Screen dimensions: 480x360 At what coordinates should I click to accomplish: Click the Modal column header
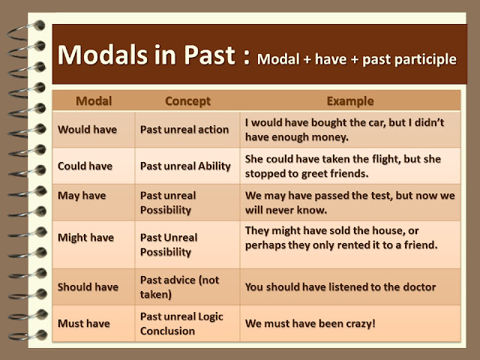click(94, 101)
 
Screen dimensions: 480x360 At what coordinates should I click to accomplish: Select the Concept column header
click(187, 101)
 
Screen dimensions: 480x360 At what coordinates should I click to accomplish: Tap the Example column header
click(350, 101)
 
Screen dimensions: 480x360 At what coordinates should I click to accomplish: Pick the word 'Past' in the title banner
click(210, 55)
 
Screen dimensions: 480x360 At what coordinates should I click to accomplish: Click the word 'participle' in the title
click(426, 59)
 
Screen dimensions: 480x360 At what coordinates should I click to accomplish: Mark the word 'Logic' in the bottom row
click(211, 316)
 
